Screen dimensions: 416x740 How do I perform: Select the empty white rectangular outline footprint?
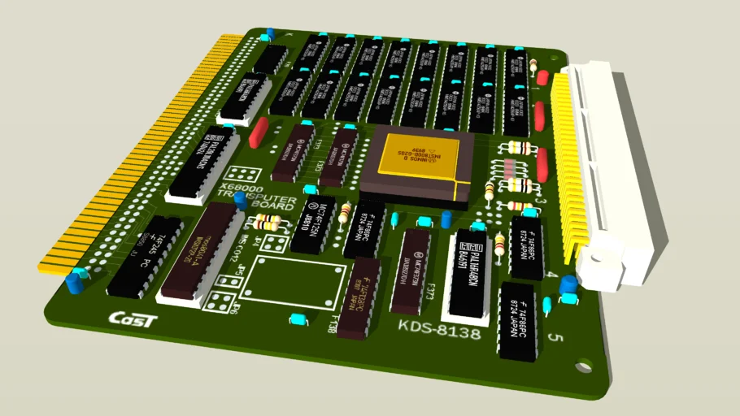point(297,281)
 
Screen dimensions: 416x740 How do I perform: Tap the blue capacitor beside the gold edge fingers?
point(76,282)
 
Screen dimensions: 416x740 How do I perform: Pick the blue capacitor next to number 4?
point(568,284)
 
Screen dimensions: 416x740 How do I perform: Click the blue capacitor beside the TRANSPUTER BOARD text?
point(241,200)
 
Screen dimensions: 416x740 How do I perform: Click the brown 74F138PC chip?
point(359,298)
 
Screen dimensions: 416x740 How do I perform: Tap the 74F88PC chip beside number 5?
point(519,322)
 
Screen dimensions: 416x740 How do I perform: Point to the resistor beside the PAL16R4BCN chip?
point(499,243)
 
